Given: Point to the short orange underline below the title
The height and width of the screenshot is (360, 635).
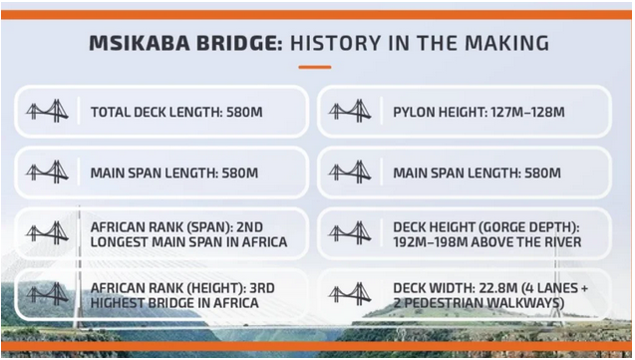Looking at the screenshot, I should (315, 68).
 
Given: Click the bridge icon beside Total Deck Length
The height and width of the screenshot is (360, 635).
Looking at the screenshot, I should (47, 112).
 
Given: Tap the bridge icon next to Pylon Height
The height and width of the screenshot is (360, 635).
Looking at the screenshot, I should (350, 112).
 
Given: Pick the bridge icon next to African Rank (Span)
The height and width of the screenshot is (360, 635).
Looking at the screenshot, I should (47, 233).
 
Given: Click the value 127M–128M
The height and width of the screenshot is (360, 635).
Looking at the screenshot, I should (528, 112).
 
